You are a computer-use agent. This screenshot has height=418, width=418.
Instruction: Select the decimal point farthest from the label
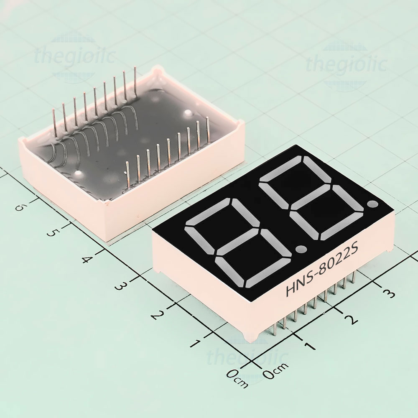tap(373, 204)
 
